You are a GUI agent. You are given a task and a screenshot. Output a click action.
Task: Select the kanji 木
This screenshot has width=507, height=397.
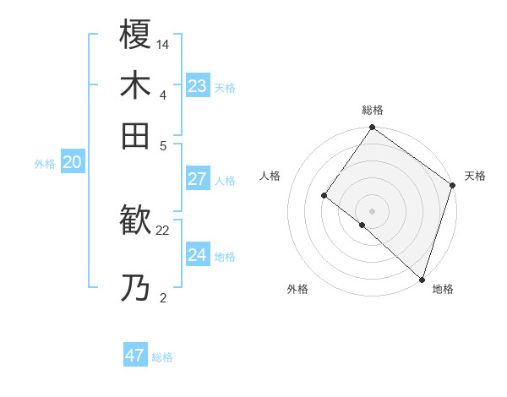pyautogui.click(x=135, y=85)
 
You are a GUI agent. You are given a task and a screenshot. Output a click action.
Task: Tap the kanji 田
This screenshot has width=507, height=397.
pyautogui.click(x=135, y=135)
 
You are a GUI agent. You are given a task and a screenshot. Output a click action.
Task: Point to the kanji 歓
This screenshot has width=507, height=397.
pyautogui.click(x=135, y=221)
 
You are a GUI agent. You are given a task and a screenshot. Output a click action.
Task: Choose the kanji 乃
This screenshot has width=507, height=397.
pyautogui.click(x=135, y=289)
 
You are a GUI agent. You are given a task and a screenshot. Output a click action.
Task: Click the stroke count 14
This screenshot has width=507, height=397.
pyautogui.click(x=163, y=43)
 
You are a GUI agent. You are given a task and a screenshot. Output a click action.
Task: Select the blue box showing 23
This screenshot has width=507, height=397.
pyautogui.click(x=197, y=85)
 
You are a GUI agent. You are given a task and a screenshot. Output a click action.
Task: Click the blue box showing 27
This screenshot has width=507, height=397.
pyautogui.click(x=197, y=179)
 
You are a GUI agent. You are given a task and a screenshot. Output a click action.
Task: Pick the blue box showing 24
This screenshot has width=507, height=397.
pyautogui.click(x=197, y=255)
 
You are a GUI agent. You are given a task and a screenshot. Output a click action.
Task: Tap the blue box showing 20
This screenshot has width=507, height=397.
pyautogui.click(x=72, y=163)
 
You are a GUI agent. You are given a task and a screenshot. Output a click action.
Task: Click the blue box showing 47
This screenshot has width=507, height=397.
pyautogui.click(x=135, y=356)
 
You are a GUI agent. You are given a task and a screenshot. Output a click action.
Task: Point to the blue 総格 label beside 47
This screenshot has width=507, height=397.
pyautogui.click(x=162, y=357)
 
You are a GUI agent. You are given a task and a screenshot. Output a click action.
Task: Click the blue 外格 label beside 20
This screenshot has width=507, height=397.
pyautogui.click(x=45, y=165)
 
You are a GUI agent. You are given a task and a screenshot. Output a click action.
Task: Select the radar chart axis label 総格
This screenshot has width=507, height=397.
pyautogui.click(x=372, y=110)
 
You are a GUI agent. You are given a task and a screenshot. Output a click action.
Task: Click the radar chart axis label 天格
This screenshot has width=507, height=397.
pyautogui.click(x=475, y=176)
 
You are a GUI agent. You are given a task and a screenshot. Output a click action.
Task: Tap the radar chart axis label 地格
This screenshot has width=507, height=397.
pyautogui.click(x=443, y=289)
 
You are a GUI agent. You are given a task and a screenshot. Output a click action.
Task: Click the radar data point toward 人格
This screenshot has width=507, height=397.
pyautogui.click(x=324, y=195)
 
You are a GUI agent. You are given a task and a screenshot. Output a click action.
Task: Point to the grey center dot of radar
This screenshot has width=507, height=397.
pyautogui.click(x=372, y=210)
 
